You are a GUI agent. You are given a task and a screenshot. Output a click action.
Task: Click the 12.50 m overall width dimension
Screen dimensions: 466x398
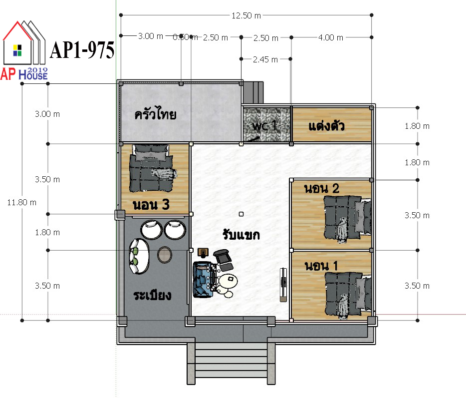coord(246,15)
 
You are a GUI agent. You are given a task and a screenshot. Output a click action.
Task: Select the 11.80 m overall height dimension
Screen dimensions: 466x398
coord(21,203)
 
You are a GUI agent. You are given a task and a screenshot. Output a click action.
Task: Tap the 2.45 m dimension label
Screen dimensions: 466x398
coord(265,59)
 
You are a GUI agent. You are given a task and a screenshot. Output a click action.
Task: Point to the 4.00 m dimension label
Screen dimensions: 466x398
coord(330,38)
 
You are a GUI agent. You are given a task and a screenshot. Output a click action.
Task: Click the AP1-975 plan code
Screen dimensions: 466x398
coord(82,50)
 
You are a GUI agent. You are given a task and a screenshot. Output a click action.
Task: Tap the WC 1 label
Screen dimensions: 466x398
coord(264,125)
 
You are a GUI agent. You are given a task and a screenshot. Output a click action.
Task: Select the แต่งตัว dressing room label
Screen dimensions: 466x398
coord(327,125)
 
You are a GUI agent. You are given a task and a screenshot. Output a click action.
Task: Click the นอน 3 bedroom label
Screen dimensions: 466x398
coord(151,205)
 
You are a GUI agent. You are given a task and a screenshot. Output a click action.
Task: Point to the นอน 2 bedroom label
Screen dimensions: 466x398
coord(322,189)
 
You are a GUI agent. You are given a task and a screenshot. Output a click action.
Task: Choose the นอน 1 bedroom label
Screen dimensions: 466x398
coord(321,266)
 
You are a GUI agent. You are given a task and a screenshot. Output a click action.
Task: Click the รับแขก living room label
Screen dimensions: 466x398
coord(241,234)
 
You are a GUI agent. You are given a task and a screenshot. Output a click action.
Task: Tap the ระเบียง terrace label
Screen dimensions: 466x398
coord(152,295)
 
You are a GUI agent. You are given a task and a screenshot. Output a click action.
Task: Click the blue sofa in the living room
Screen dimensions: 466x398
coord(203,279)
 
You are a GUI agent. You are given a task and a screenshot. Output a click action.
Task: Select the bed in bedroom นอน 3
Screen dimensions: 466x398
coord(151,168)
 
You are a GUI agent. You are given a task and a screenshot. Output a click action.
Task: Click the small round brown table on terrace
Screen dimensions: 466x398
coord(164,255)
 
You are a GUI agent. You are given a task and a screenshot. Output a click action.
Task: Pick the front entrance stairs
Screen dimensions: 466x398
coord(231,363)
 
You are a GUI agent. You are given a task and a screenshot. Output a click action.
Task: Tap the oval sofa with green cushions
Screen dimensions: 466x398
coord(139,256)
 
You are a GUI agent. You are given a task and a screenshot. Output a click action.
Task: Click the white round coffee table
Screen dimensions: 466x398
coord(228,281)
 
